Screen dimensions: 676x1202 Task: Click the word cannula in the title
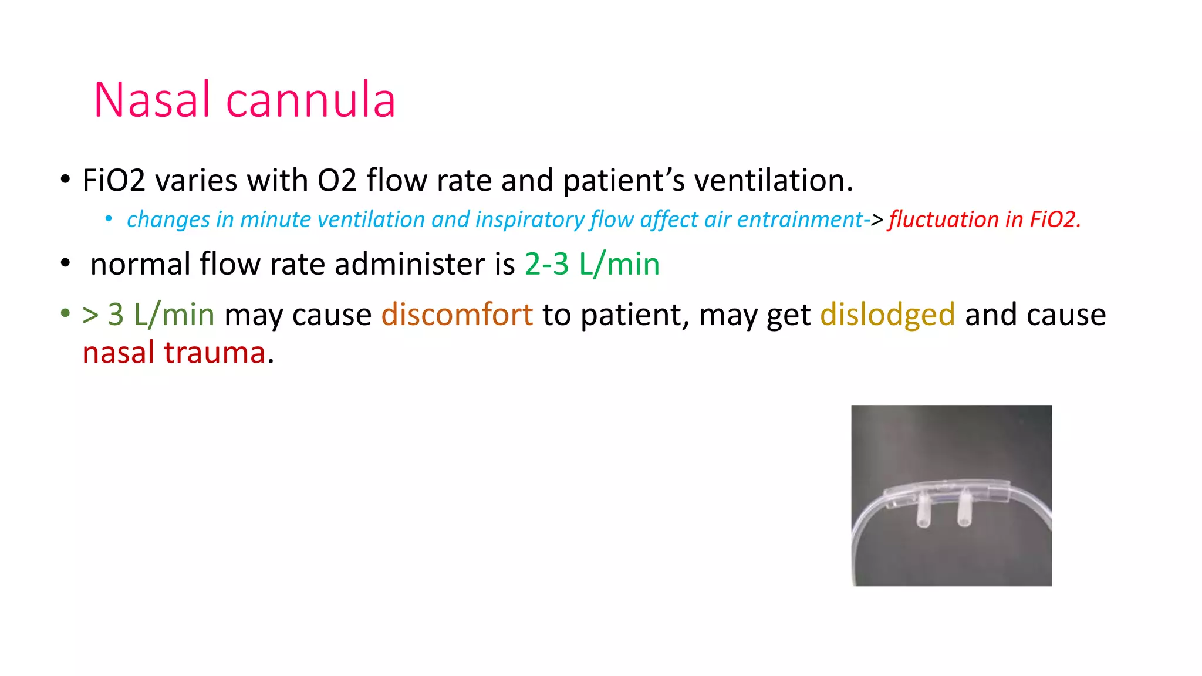pyautogui.click(x=310, y=100)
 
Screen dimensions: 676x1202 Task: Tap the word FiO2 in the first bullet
pyautogui.click(x=114, y=180)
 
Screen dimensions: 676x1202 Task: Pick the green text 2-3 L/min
pyautogui.click(x=592, y=264)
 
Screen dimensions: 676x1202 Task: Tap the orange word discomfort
pyautogui.click(x=457, y=315)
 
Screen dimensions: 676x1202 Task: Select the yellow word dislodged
pyautogui.click(x=887, y=315)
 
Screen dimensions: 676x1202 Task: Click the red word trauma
pyautogui.click(x=214, y=353)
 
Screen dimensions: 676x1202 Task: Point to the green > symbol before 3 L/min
pyautogui.click(x=90, y=316)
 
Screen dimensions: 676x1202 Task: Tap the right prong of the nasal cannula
pyautogui.click(x=964, y=510)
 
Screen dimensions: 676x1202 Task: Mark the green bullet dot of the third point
pyautogui.click(x=65, y=313)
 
